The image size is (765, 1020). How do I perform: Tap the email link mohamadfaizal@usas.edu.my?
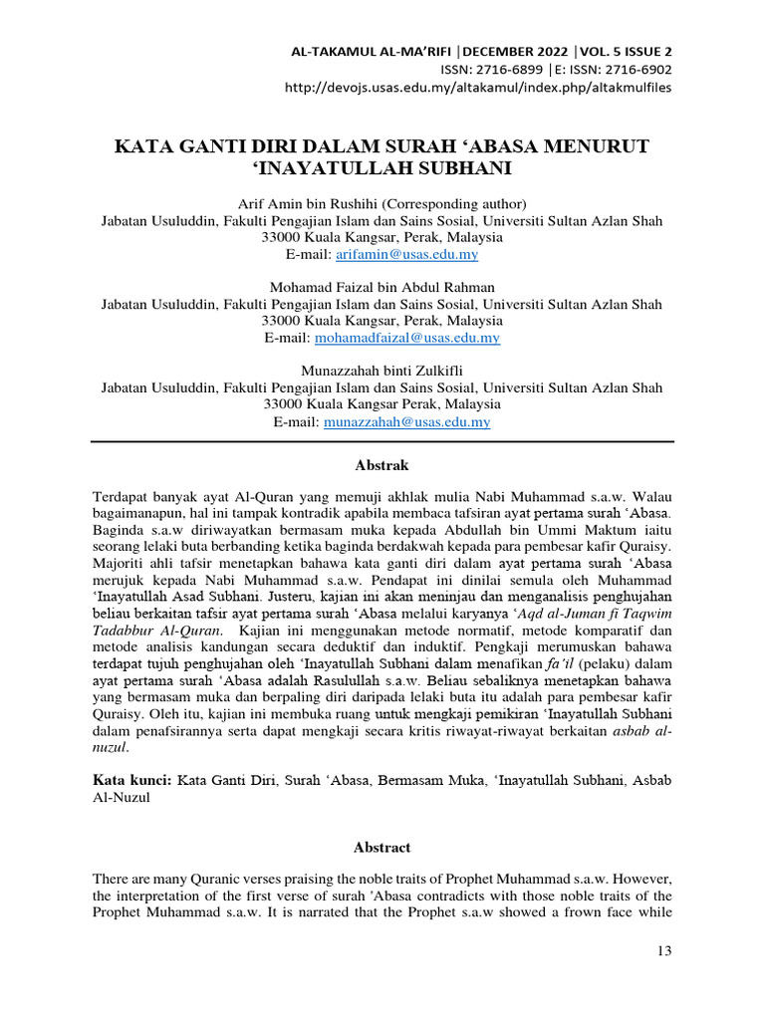click(x=406, y=338)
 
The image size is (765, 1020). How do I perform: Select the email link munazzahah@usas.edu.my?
click(x=406, y=422)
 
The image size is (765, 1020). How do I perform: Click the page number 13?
click(x=665, y=952)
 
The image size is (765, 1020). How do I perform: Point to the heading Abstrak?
click(x=382, y=465)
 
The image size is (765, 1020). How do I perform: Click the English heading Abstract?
click(x=382, y=847)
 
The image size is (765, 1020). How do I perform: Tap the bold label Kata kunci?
click(x=131, y=782)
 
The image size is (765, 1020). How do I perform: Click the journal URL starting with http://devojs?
click(x=478, y=87)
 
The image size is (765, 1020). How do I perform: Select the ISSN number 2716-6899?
click(x=511, y=70)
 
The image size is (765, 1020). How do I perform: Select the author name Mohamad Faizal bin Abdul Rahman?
click(x=382, y=288)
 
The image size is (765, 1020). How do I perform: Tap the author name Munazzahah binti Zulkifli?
click(x=382, y=372)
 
